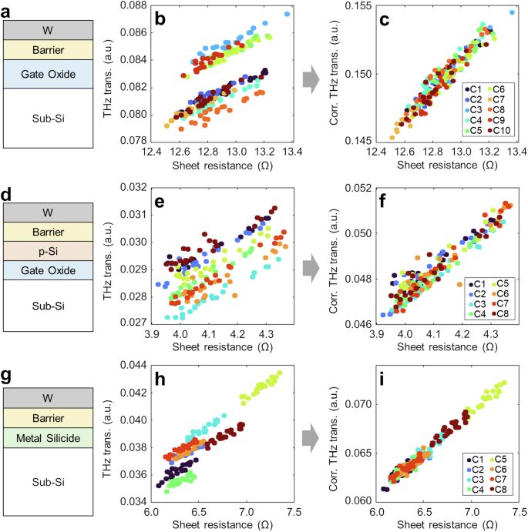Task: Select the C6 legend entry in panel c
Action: (x=505, y=90)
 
